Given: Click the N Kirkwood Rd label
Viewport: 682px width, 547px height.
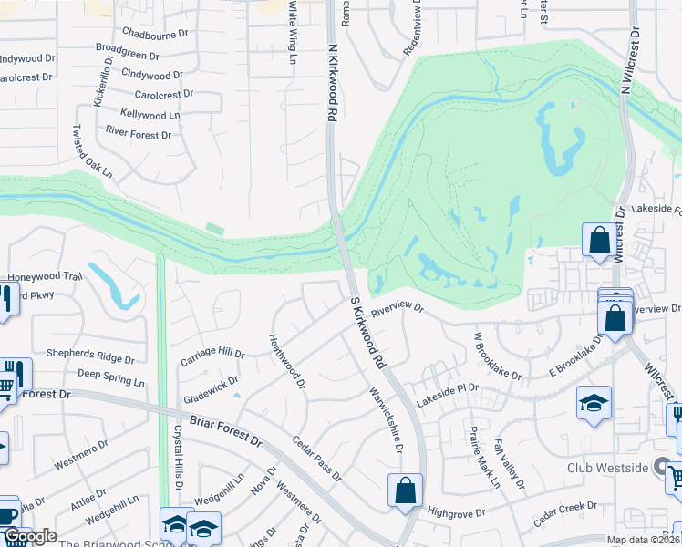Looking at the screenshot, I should (332, 84).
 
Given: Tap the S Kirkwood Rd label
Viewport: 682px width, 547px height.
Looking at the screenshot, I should (367, 332).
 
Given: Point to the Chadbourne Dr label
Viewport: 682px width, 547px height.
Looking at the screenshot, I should (153, 33).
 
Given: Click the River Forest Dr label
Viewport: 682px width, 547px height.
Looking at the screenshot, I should (139, 135).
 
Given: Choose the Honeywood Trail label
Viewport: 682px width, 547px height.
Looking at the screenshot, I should (46, 276).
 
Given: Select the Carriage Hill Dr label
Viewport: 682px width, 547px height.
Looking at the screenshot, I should (212, 353).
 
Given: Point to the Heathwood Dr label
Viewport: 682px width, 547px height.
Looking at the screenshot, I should (286, 360).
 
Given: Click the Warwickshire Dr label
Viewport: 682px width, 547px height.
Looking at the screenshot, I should (386, 421).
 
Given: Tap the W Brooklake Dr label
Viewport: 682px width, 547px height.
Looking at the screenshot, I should (496, 356).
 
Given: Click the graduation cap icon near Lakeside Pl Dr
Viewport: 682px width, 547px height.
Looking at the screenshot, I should (594, 403).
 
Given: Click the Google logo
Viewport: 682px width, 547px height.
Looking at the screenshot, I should (29, 536).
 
